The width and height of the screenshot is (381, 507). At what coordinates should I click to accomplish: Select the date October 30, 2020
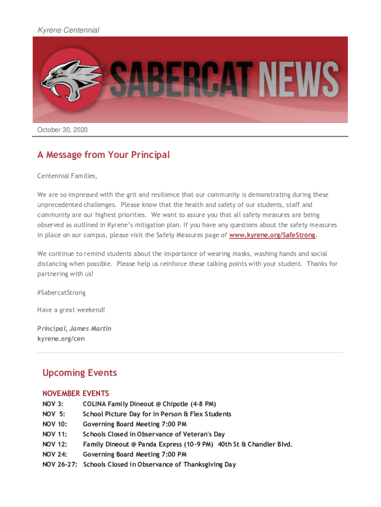tap(62, 130)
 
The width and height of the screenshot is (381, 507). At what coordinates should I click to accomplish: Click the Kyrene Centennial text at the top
tap(68, 30)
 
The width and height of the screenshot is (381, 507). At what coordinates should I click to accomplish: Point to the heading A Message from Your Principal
tap(103, 155)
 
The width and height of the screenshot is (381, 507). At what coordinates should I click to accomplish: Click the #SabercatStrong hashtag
tap(61, 293)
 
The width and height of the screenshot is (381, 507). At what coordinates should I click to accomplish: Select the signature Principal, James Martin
tap(74, 329)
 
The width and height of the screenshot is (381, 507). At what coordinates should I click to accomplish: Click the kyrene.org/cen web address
tap(57, 339)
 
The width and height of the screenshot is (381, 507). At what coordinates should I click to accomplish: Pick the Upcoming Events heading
tap(80, 373)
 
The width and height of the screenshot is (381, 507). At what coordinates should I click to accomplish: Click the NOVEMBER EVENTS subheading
tap(76, 394)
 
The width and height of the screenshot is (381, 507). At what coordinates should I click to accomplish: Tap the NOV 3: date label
tap(53, 404)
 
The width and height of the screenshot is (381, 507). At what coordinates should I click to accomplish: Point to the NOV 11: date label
tap(54, 434)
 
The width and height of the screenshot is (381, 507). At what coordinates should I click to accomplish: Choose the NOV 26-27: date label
tap(60, 464)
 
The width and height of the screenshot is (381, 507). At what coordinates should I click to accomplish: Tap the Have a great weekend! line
tap(71, 310)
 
